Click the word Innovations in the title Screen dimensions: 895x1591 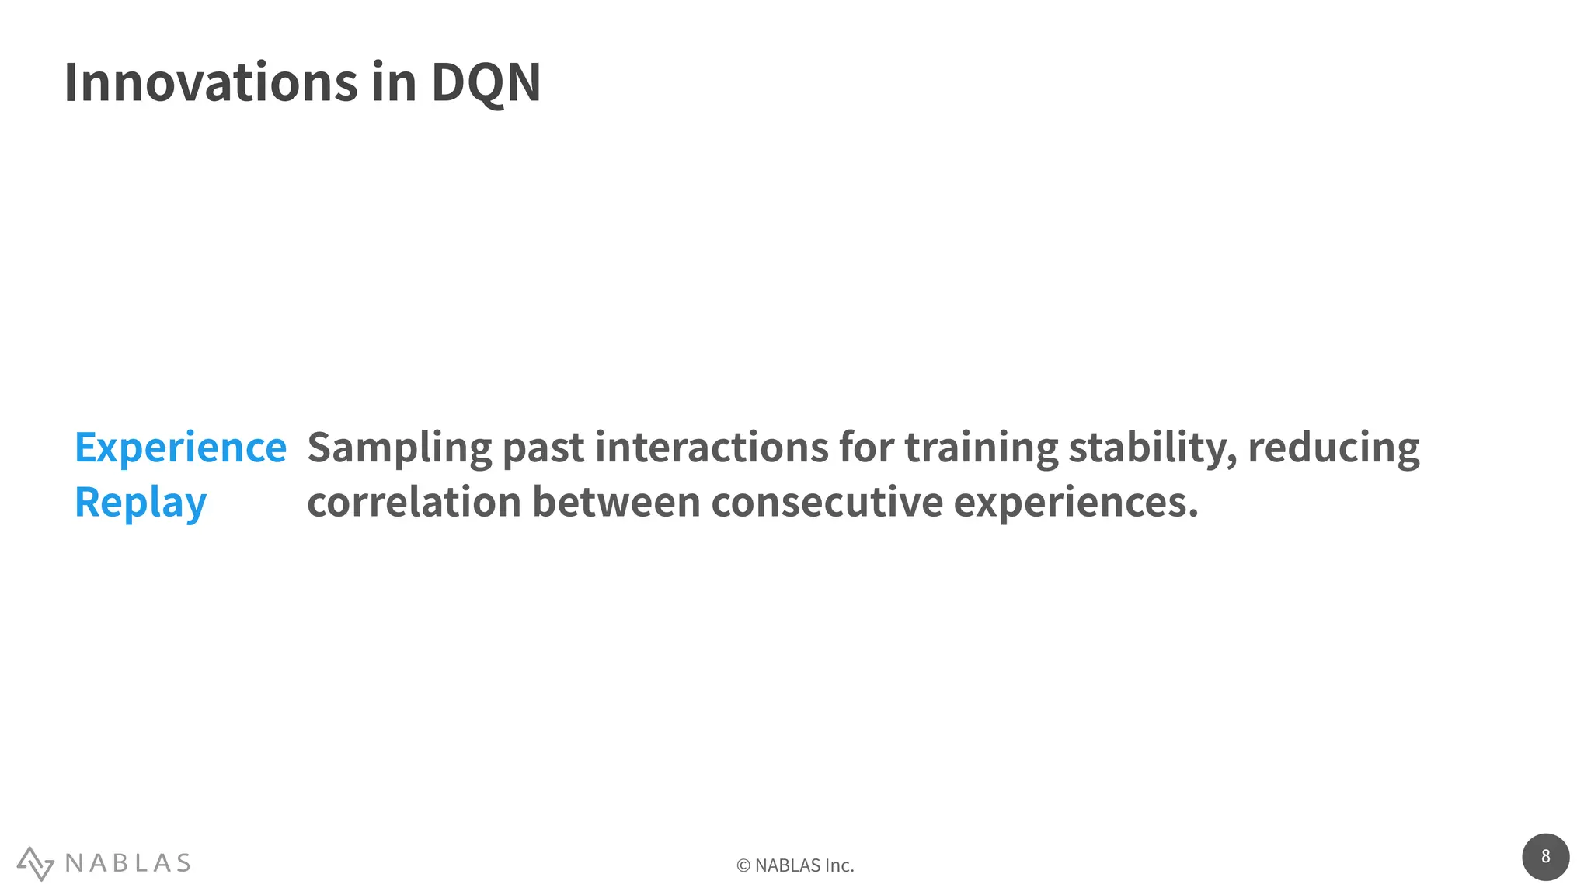[210, 82]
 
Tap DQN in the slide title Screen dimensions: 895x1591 [486, 82]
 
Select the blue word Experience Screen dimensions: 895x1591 [180, 448]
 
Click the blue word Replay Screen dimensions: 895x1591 [141, 503]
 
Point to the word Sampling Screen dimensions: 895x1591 [399, 448]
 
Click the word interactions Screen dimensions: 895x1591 [712, 448]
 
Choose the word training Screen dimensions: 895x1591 [981, 448]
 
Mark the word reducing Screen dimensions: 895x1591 [1333, 448]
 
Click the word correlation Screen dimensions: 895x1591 [414, 503]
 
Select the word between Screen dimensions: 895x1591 [616, 503]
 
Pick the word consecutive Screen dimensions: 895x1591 [827, 503]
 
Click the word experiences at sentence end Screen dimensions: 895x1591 [1076, 503]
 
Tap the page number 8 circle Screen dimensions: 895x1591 [1545, 857]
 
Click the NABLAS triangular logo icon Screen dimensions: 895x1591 [35, 863]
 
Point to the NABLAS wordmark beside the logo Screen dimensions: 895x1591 [128, 863]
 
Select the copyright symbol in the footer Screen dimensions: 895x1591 [743, 865]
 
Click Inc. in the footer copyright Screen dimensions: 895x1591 [839, 865]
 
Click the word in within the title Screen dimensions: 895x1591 [394, 82]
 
